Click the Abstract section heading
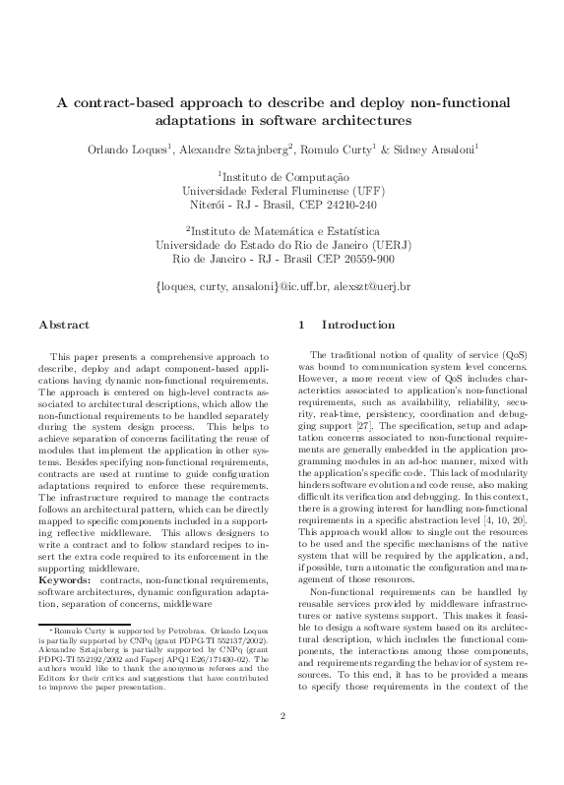tap(64, 325)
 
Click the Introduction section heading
tap(358, 325)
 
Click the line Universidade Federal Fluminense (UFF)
tap(282, 191)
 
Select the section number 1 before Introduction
tap(300, 325)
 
